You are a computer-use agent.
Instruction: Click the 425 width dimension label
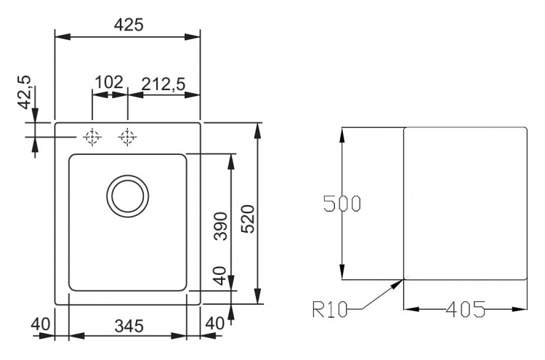129,25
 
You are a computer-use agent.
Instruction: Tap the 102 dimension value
109,82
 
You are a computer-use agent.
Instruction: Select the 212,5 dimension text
163,84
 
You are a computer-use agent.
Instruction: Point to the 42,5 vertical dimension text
25,92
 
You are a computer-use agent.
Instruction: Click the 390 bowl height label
221,226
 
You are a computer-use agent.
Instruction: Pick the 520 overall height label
249,219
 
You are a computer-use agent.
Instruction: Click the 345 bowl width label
129,327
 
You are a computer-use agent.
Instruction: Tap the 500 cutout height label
342,204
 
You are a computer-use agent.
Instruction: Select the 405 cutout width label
465,309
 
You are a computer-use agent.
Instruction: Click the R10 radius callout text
330,310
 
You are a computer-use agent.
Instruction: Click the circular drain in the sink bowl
128,196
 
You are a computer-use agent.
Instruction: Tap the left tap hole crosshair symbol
92,137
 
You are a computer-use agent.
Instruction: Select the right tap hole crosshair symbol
128,137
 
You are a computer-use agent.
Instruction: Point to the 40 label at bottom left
41,324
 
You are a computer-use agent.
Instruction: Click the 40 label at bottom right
215,324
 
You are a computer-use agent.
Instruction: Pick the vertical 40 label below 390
221,276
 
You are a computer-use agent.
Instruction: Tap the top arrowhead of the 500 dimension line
342,135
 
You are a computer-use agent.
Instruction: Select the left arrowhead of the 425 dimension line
63,37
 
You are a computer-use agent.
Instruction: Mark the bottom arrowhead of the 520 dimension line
257,296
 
